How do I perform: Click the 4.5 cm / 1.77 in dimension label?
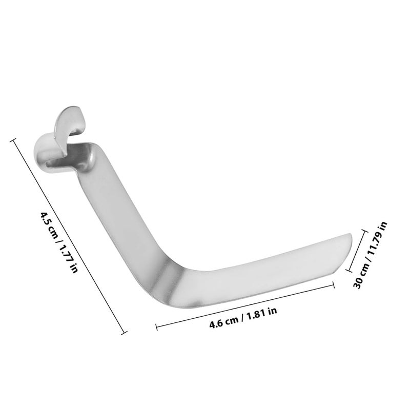(59, 242)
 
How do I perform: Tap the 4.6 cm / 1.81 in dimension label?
(243, 317)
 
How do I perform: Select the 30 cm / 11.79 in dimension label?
(370, 255)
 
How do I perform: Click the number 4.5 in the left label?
(44, 217)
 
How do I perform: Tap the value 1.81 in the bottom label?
(255, 315)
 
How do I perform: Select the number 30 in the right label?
(357, 284)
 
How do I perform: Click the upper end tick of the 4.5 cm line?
(13, 140)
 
